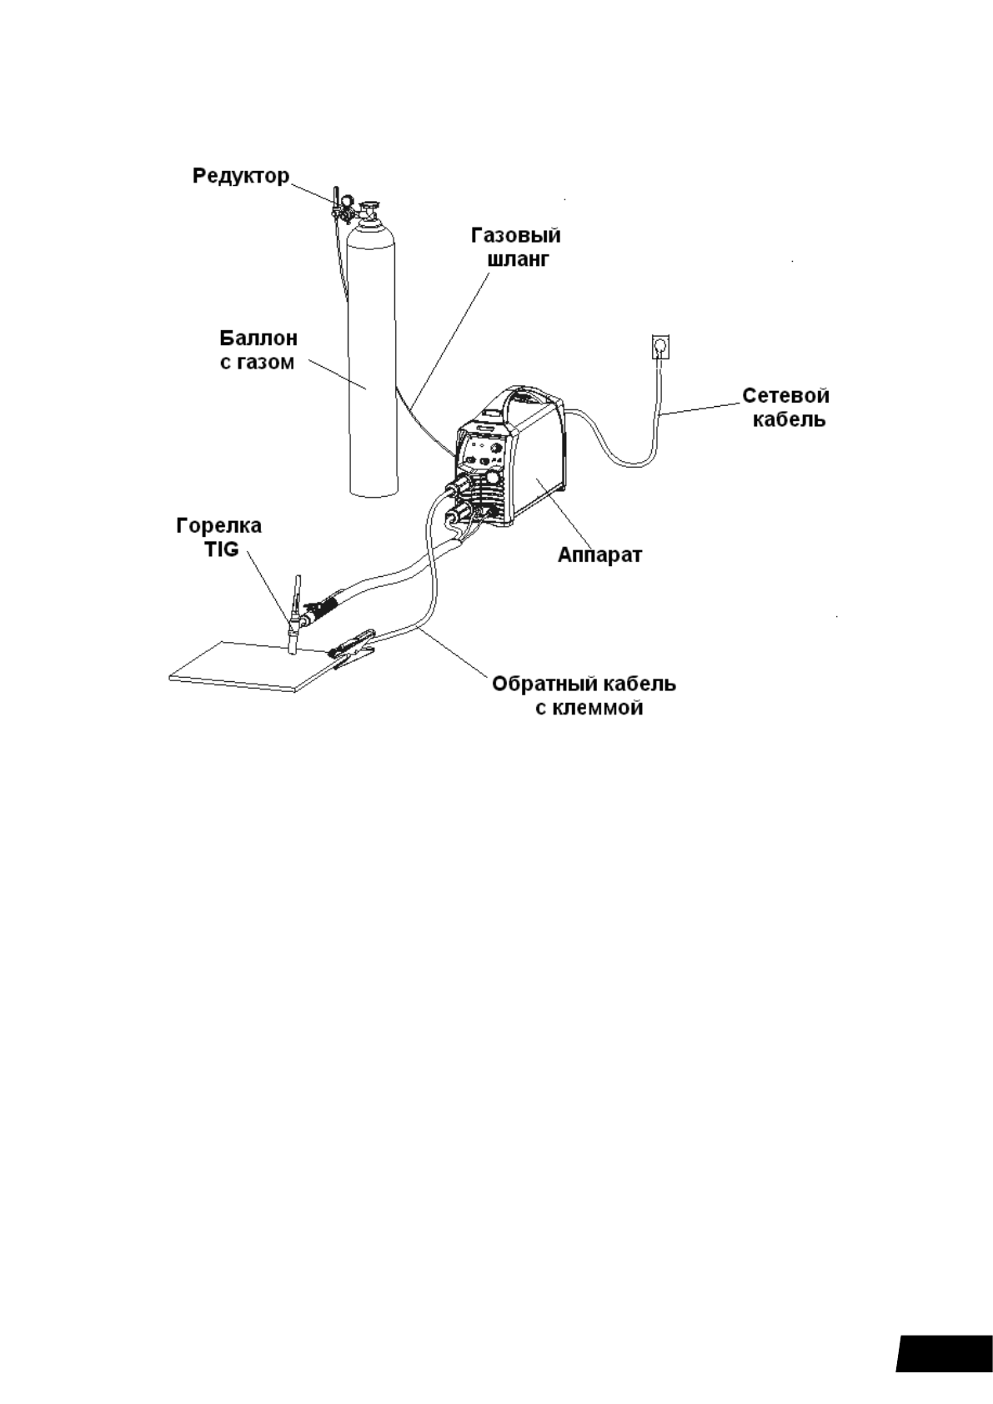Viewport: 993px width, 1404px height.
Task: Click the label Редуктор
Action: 241,176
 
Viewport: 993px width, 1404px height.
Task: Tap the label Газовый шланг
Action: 516,247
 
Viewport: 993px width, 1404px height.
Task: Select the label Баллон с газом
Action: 258,350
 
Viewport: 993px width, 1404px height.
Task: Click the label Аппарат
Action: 599,555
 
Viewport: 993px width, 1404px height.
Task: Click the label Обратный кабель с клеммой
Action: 584,696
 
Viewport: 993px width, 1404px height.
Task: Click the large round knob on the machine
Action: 494,479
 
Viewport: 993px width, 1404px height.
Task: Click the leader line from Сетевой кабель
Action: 700,409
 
